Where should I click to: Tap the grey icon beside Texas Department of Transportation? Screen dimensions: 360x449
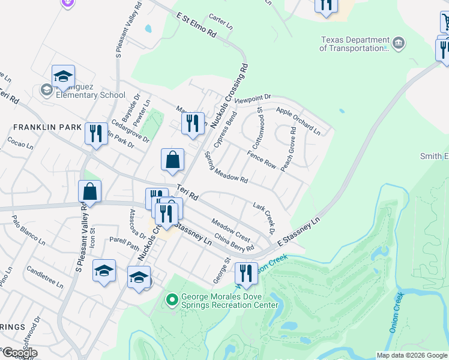coord(398,43)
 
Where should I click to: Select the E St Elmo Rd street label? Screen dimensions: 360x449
coord(196,25)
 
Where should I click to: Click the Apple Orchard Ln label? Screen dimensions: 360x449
coord(298,118)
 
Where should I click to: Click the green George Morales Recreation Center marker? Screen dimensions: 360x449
coord(172,298)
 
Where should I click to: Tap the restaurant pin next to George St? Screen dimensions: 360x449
coord(246,273)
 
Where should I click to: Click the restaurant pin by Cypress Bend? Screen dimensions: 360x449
coord(193,123)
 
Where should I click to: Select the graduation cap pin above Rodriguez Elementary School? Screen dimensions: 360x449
coord(63,76)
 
